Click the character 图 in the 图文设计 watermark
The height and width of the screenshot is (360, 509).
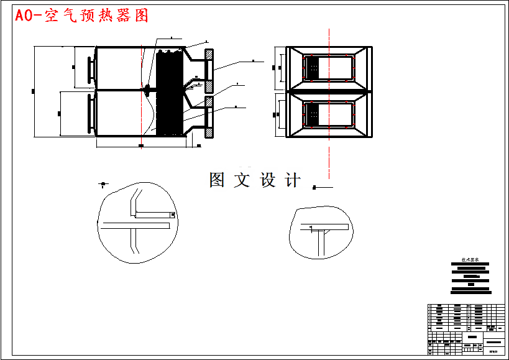pos(217,180)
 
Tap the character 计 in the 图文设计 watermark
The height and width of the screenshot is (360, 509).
pos(292,180)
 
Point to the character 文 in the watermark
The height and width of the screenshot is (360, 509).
pos(242,180)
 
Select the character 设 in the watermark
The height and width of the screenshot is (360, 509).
pos(267,180)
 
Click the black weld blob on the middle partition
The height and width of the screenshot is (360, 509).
pos(149,89)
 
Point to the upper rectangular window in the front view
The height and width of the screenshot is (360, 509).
pos(328,67)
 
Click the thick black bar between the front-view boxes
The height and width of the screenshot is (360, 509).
pos(328,91)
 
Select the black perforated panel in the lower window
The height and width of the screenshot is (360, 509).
pos(313,113)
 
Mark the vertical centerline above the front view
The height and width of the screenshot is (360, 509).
pos(328,37)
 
